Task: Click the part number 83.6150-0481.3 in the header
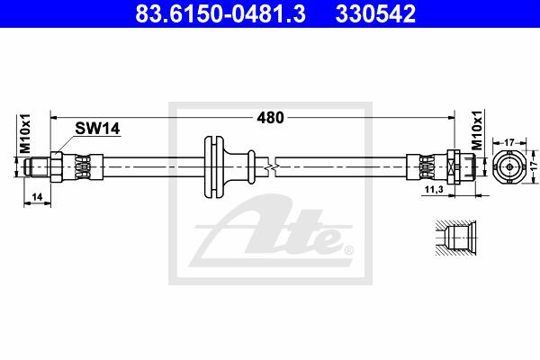[x=220, y=13]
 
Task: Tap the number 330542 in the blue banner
[x=375, y=13]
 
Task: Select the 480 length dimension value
[x=270, y=118]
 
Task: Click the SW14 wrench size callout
[x=97, y=129]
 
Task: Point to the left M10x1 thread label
[x=25, y=134]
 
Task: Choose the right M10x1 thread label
[x=477, y=130]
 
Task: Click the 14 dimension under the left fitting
[x=37, y=197]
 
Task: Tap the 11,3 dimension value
[x=434, y=189]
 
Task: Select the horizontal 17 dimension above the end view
[x=509, y=142]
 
